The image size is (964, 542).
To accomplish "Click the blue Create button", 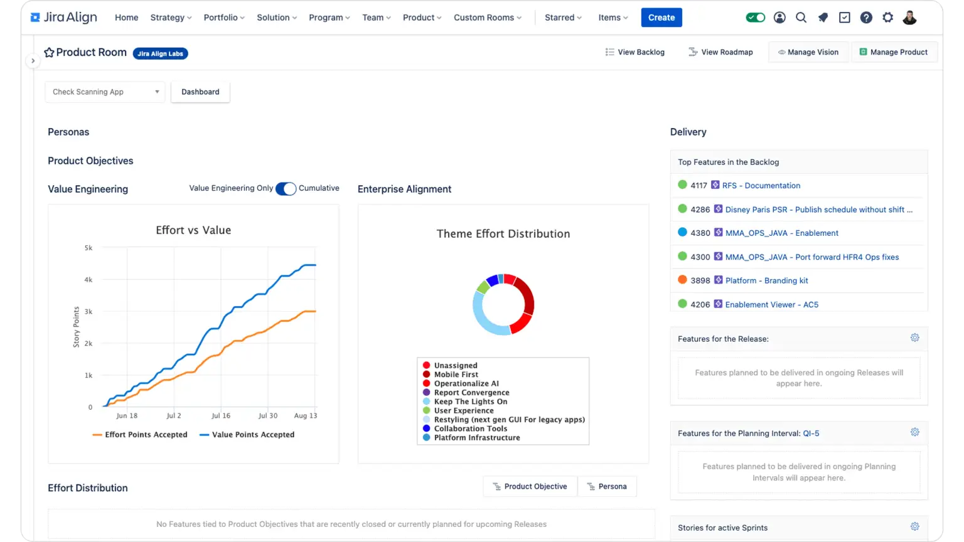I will pos(661,18).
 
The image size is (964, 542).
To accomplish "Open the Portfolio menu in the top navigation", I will pos(224,18).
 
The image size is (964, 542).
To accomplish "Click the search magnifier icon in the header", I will pos(801,18).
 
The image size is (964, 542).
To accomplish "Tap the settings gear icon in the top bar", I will pos(887,18).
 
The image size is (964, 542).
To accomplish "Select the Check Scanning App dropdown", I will pos(105,92).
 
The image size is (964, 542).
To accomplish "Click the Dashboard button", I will pos(200,92).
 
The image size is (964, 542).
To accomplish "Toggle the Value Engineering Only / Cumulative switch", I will pos(286,189).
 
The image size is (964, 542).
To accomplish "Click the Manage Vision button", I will pos(808,52).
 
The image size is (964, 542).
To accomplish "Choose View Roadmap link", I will pos(720,52).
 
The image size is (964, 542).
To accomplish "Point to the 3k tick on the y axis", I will pos(88,312).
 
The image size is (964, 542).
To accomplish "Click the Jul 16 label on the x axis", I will pos(221,416).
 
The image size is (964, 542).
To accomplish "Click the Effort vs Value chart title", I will pos(193,230).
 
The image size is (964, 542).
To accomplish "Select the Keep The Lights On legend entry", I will pos(470,401).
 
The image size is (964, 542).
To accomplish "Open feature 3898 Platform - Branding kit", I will pos(766,280).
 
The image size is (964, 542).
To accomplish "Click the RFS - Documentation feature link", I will pos(761,186).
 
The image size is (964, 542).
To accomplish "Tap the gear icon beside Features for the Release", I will pos(914,338).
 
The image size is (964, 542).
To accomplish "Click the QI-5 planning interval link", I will pos(811,433).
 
